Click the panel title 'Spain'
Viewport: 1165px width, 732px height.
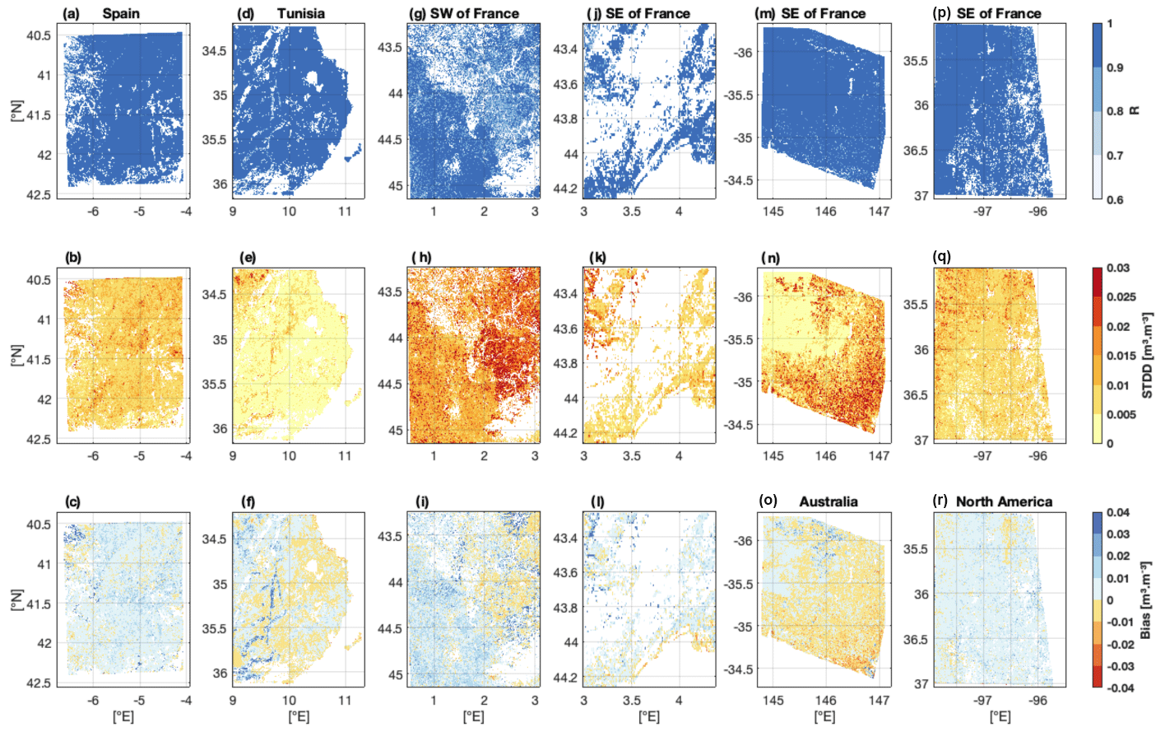121,14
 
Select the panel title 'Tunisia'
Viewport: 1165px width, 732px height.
300,14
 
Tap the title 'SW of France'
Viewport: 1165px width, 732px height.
475,14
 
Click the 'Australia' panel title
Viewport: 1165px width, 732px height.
828,501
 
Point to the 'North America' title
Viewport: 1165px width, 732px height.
1004,501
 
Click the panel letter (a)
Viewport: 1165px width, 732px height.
72,14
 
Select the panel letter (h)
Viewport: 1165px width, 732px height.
421,258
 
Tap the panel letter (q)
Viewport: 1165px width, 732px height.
942,257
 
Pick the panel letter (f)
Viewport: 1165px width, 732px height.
248,501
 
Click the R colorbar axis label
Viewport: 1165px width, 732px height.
1135,110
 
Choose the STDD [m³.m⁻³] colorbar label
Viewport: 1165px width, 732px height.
1146,355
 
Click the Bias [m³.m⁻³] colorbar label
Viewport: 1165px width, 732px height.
1146,599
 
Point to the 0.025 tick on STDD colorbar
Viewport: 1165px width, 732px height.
1121,297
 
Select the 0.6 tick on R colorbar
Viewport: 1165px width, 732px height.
1115,199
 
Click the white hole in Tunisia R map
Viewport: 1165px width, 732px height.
311,80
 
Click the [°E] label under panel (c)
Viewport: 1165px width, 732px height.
123,717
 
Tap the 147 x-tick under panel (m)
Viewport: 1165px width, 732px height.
879,212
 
